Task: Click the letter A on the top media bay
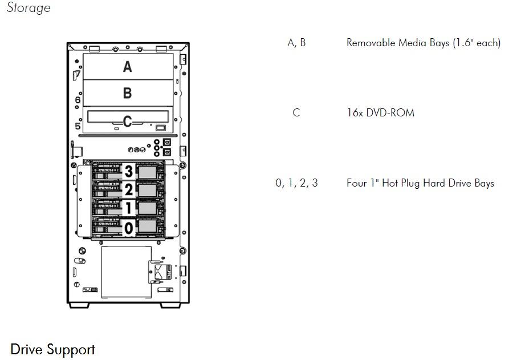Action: (x=128, y=67)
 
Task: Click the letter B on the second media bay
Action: (x=128, y=93)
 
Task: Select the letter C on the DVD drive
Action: (x=128, y=121)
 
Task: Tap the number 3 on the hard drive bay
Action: (x=129, y=171)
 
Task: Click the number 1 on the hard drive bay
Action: (x=129, y=209)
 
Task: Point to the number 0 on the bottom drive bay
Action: (x=129, y=229)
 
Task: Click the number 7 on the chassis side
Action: (x=79, y=74)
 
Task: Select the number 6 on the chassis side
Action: (x=78, y=100)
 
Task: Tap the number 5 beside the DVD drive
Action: (x=78, y=126)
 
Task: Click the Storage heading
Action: (x=28, y=8)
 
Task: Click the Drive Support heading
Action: (x=52, y=349)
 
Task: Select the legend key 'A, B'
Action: (x=296, y=43)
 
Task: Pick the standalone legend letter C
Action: (x=296, y=112)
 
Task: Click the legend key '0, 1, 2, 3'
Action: (x=296, y=183)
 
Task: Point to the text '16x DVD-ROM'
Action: (x=380, y=112)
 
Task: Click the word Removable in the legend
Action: (x=369, y=43)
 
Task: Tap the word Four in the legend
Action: (x=357, y=183)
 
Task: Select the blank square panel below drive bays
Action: (x=127, y=272)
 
